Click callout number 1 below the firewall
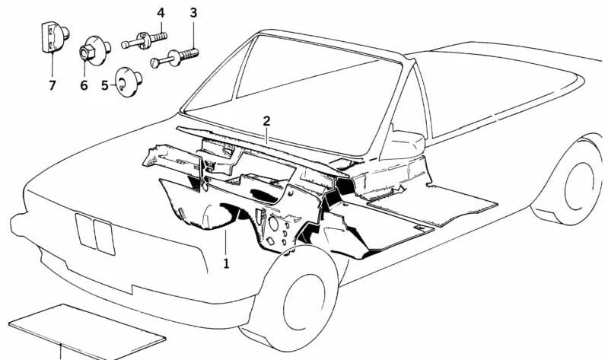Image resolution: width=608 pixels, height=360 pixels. click(225, 263)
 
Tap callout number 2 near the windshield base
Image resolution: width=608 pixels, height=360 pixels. click(267, 121)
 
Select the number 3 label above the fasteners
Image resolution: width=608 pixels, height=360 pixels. click(193, 13)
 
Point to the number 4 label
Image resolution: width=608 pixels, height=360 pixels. click(161, 13)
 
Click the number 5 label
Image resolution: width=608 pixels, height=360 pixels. click(105, 85)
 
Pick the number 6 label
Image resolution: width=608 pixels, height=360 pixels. click(84, 85)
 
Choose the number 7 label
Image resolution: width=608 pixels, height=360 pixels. click(52, 85)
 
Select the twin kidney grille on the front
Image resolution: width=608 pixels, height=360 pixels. click(95, 233)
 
